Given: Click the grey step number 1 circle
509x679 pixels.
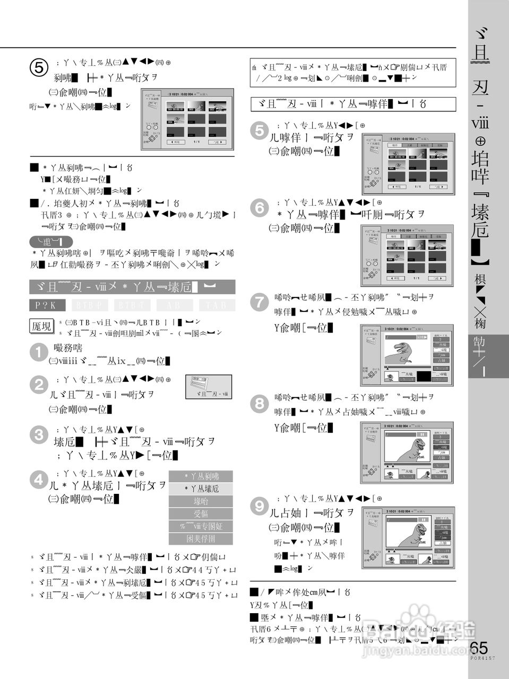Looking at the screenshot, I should click(x=39, y=353).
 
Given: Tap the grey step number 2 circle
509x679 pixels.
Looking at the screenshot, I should click(x=39, y=385).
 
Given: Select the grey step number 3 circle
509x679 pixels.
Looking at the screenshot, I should click(x=39, y=436).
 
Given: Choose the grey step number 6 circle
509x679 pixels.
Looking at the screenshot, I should click(x=260, y=208).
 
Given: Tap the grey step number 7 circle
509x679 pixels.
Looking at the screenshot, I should click(x=260, y=302).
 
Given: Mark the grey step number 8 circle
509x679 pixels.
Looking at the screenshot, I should click(x=260, y=403).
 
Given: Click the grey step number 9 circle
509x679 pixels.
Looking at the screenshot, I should click(x=260, y=506).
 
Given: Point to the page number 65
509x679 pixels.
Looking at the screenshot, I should click(x=479, y=648).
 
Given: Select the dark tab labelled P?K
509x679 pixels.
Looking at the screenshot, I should click(x=47, y=305).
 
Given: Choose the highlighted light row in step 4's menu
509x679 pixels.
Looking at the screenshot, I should click(x=201, y=489).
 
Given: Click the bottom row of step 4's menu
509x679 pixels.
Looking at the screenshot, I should click(x=201, y=538).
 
